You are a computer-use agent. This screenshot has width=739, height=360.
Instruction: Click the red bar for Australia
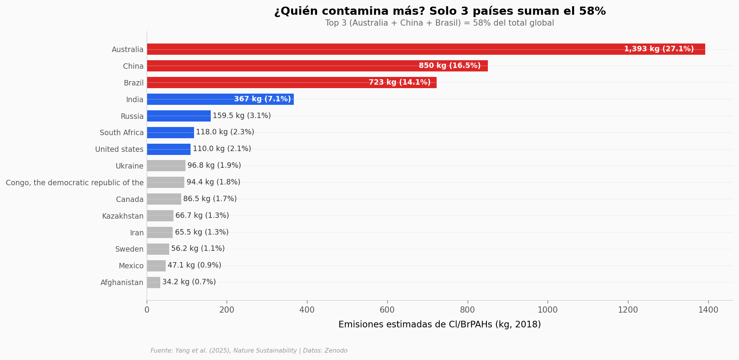tap(388, 49)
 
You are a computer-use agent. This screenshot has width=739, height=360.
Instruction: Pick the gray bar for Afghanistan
tap(154, 282)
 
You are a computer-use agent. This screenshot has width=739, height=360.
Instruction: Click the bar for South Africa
tap(170, 133)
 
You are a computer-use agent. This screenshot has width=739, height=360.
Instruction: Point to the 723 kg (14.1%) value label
tap(399, 83)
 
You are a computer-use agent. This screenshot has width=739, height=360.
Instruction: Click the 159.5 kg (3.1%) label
tap(242, 116)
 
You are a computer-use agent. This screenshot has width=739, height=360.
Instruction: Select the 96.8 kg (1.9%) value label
tap(214, 166)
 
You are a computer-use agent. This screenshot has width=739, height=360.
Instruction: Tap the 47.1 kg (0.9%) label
tap(194, 266)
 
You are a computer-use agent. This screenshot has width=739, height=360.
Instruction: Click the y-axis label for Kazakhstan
tap(123, 216)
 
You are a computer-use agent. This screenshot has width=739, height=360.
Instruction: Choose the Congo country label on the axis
tap(75, 183)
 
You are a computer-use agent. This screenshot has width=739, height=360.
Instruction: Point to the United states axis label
tap(119, 150)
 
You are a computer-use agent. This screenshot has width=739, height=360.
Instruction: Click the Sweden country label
tap(129, 249)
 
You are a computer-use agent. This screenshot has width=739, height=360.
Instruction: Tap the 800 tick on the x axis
tap(467, 310)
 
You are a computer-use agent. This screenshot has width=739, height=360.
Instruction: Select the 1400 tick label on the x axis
tap(708, 310)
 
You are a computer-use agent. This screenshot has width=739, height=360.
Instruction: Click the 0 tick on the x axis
tap(147, 310)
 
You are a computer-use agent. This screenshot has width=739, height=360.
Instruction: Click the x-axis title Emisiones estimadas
tap(439, 325)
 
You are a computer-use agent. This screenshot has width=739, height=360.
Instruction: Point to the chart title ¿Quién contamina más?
tap(440, 11)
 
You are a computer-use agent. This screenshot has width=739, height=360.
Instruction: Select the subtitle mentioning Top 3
tap(439, 23)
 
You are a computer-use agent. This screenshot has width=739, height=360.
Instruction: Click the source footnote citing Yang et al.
tap(249, 351)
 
